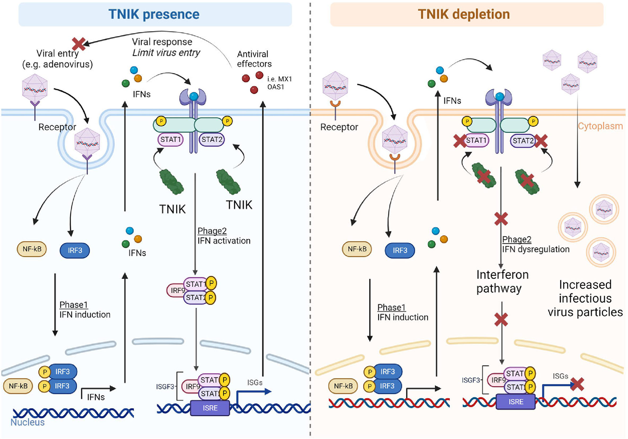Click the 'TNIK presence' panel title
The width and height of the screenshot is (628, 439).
click(154, 14)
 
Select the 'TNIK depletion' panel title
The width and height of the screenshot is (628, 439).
click(464, 14)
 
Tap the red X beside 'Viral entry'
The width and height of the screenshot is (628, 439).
click(78, 44)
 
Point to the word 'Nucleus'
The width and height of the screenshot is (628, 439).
click(27, 422)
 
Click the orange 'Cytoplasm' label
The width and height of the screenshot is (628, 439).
click(600, 126)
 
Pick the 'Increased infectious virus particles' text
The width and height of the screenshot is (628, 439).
click(585, 298)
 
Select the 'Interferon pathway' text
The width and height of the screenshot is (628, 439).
click(502, 281)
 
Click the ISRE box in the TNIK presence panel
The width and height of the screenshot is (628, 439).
click(210, 408)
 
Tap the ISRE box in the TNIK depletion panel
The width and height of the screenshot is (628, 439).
click(515, 402)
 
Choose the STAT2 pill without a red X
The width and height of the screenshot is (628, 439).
click(212, 140)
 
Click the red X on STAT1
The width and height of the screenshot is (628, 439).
click(460, 141)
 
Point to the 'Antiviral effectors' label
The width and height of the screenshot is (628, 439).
click(254, 59)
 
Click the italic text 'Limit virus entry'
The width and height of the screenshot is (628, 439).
click(166, 53)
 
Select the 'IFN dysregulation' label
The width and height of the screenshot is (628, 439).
click(536, 249)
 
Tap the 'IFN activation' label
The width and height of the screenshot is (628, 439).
click(224, 241)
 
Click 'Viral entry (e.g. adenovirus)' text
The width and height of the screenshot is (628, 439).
click(58, 59)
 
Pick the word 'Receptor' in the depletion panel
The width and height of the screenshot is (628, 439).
click(339, 127)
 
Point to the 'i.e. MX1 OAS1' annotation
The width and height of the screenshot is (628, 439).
click(279, 83)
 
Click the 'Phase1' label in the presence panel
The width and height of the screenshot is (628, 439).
click(74, 305)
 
